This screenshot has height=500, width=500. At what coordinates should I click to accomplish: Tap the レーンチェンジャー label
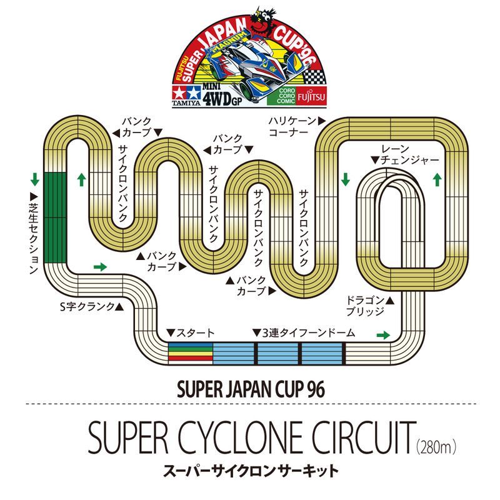click(x=405, y=155)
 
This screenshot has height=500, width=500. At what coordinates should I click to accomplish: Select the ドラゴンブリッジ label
click(x=370, y=306)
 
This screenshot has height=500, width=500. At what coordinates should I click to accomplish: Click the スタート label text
click(x=191, y=333)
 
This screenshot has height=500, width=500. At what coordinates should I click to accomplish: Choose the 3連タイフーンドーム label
click(x=304, y=333)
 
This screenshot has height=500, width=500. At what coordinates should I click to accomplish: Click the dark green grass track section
click(x=55, y=217)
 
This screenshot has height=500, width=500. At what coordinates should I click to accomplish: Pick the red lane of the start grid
click(x=191, y=358)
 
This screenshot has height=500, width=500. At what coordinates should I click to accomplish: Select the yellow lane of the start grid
click(x=191, y=354)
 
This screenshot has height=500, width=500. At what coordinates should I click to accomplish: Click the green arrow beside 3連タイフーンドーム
click(x=383, y=335)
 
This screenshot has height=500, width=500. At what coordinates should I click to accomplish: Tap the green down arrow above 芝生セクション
click(x=35, y=179)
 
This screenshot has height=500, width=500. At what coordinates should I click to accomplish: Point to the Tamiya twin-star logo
click(x=186, y=93)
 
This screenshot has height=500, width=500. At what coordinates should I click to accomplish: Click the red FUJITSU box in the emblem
click(x=311, y=96)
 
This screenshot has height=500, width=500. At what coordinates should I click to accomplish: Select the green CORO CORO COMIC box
click(x=282, y=96)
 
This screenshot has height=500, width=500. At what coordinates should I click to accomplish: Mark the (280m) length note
click(x=436, y=447)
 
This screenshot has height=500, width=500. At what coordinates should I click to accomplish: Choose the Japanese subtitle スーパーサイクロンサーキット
click(x=251, y=471)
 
